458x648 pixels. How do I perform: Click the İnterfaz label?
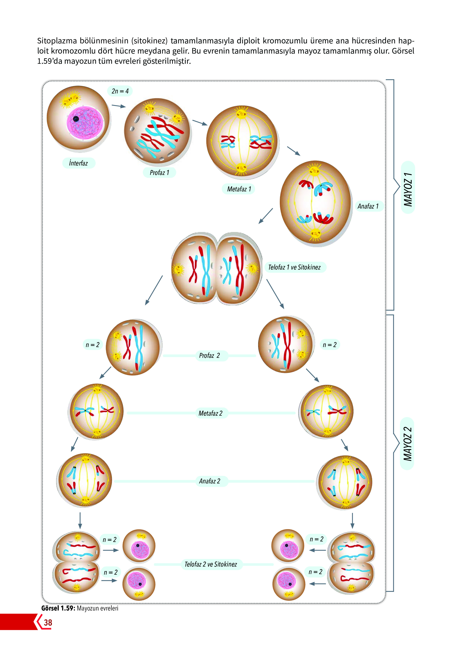(x=78, y=163)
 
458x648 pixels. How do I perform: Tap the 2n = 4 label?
(x=120, y=91)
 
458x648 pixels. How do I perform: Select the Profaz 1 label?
(x=159, y=173)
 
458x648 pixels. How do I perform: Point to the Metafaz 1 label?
(x=239, y=189)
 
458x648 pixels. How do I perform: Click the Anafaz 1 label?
(x=368, y=206)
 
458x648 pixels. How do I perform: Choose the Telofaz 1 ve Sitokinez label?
(x=294, y=267)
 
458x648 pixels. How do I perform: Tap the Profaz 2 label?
(x=209, y=356)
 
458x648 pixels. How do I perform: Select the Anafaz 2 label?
(x=210, y=481)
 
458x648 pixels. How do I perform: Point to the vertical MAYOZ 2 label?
(x=407, y=444)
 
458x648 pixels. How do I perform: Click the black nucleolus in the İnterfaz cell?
(x=76, y=119)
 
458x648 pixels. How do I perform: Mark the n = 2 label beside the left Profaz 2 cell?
(x=93, y=345)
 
